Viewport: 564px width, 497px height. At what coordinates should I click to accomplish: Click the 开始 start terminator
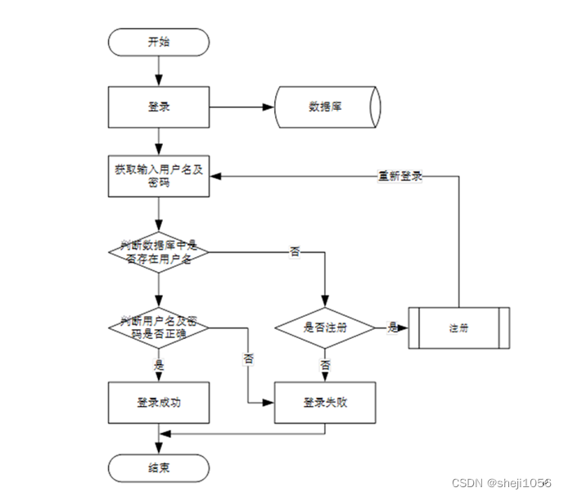(x=159, y=42)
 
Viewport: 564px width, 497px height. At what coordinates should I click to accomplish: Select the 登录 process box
(x=159, y=106)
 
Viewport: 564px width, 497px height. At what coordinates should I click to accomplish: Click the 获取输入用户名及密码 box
(x=159, y=176)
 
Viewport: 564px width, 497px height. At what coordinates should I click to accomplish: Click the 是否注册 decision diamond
(x=325, y=328)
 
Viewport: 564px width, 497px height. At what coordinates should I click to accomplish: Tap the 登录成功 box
(x=159, y=402)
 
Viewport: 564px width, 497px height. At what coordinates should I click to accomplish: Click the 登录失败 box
(x=325, y=402)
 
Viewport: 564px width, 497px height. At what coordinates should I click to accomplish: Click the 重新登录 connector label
(x=399, y=175)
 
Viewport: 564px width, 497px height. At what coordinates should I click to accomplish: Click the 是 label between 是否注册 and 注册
(x=393, y=328)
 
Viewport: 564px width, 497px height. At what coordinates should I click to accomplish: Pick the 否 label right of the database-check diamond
(x=295, y=251)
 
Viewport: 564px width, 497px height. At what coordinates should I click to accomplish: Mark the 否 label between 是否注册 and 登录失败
(x=325, y=364)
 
